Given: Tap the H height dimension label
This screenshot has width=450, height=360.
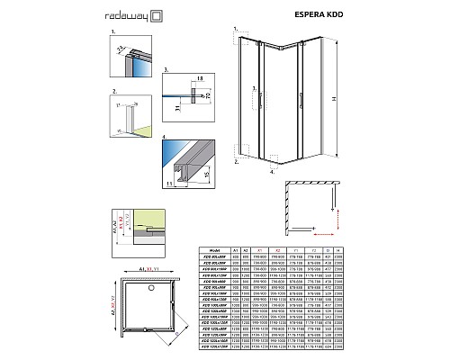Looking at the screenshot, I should pos(333,99).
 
